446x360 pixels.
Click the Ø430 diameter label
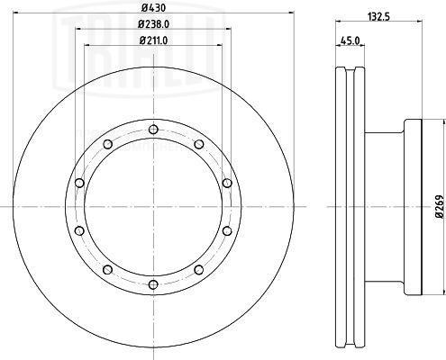pyautogui.click(x=153, y=8)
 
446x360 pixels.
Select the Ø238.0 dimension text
pyautogui.click(x=153, y=23)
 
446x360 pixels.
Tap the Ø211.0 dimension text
pyautogui.click(x=153, y=40)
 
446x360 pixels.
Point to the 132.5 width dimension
pyautogui.click(x=378, y=17)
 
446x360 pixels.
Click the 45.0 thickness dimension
pyautogui.click(x=350, y=40)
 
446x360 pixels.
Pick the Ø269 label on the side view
pyautogui.click(x=440, y=206)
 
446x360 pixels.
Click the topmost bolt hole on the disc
pyautogui.click(x=153, y=130)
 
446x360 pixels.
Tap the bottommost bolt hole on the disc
pyautogui.click(x=153, y=284)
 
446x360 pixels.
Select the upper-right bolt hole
pyautogui.click(x=199, y=144)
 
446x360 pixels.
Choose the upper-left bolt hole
pyautogui.click(x=108, y=144)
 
